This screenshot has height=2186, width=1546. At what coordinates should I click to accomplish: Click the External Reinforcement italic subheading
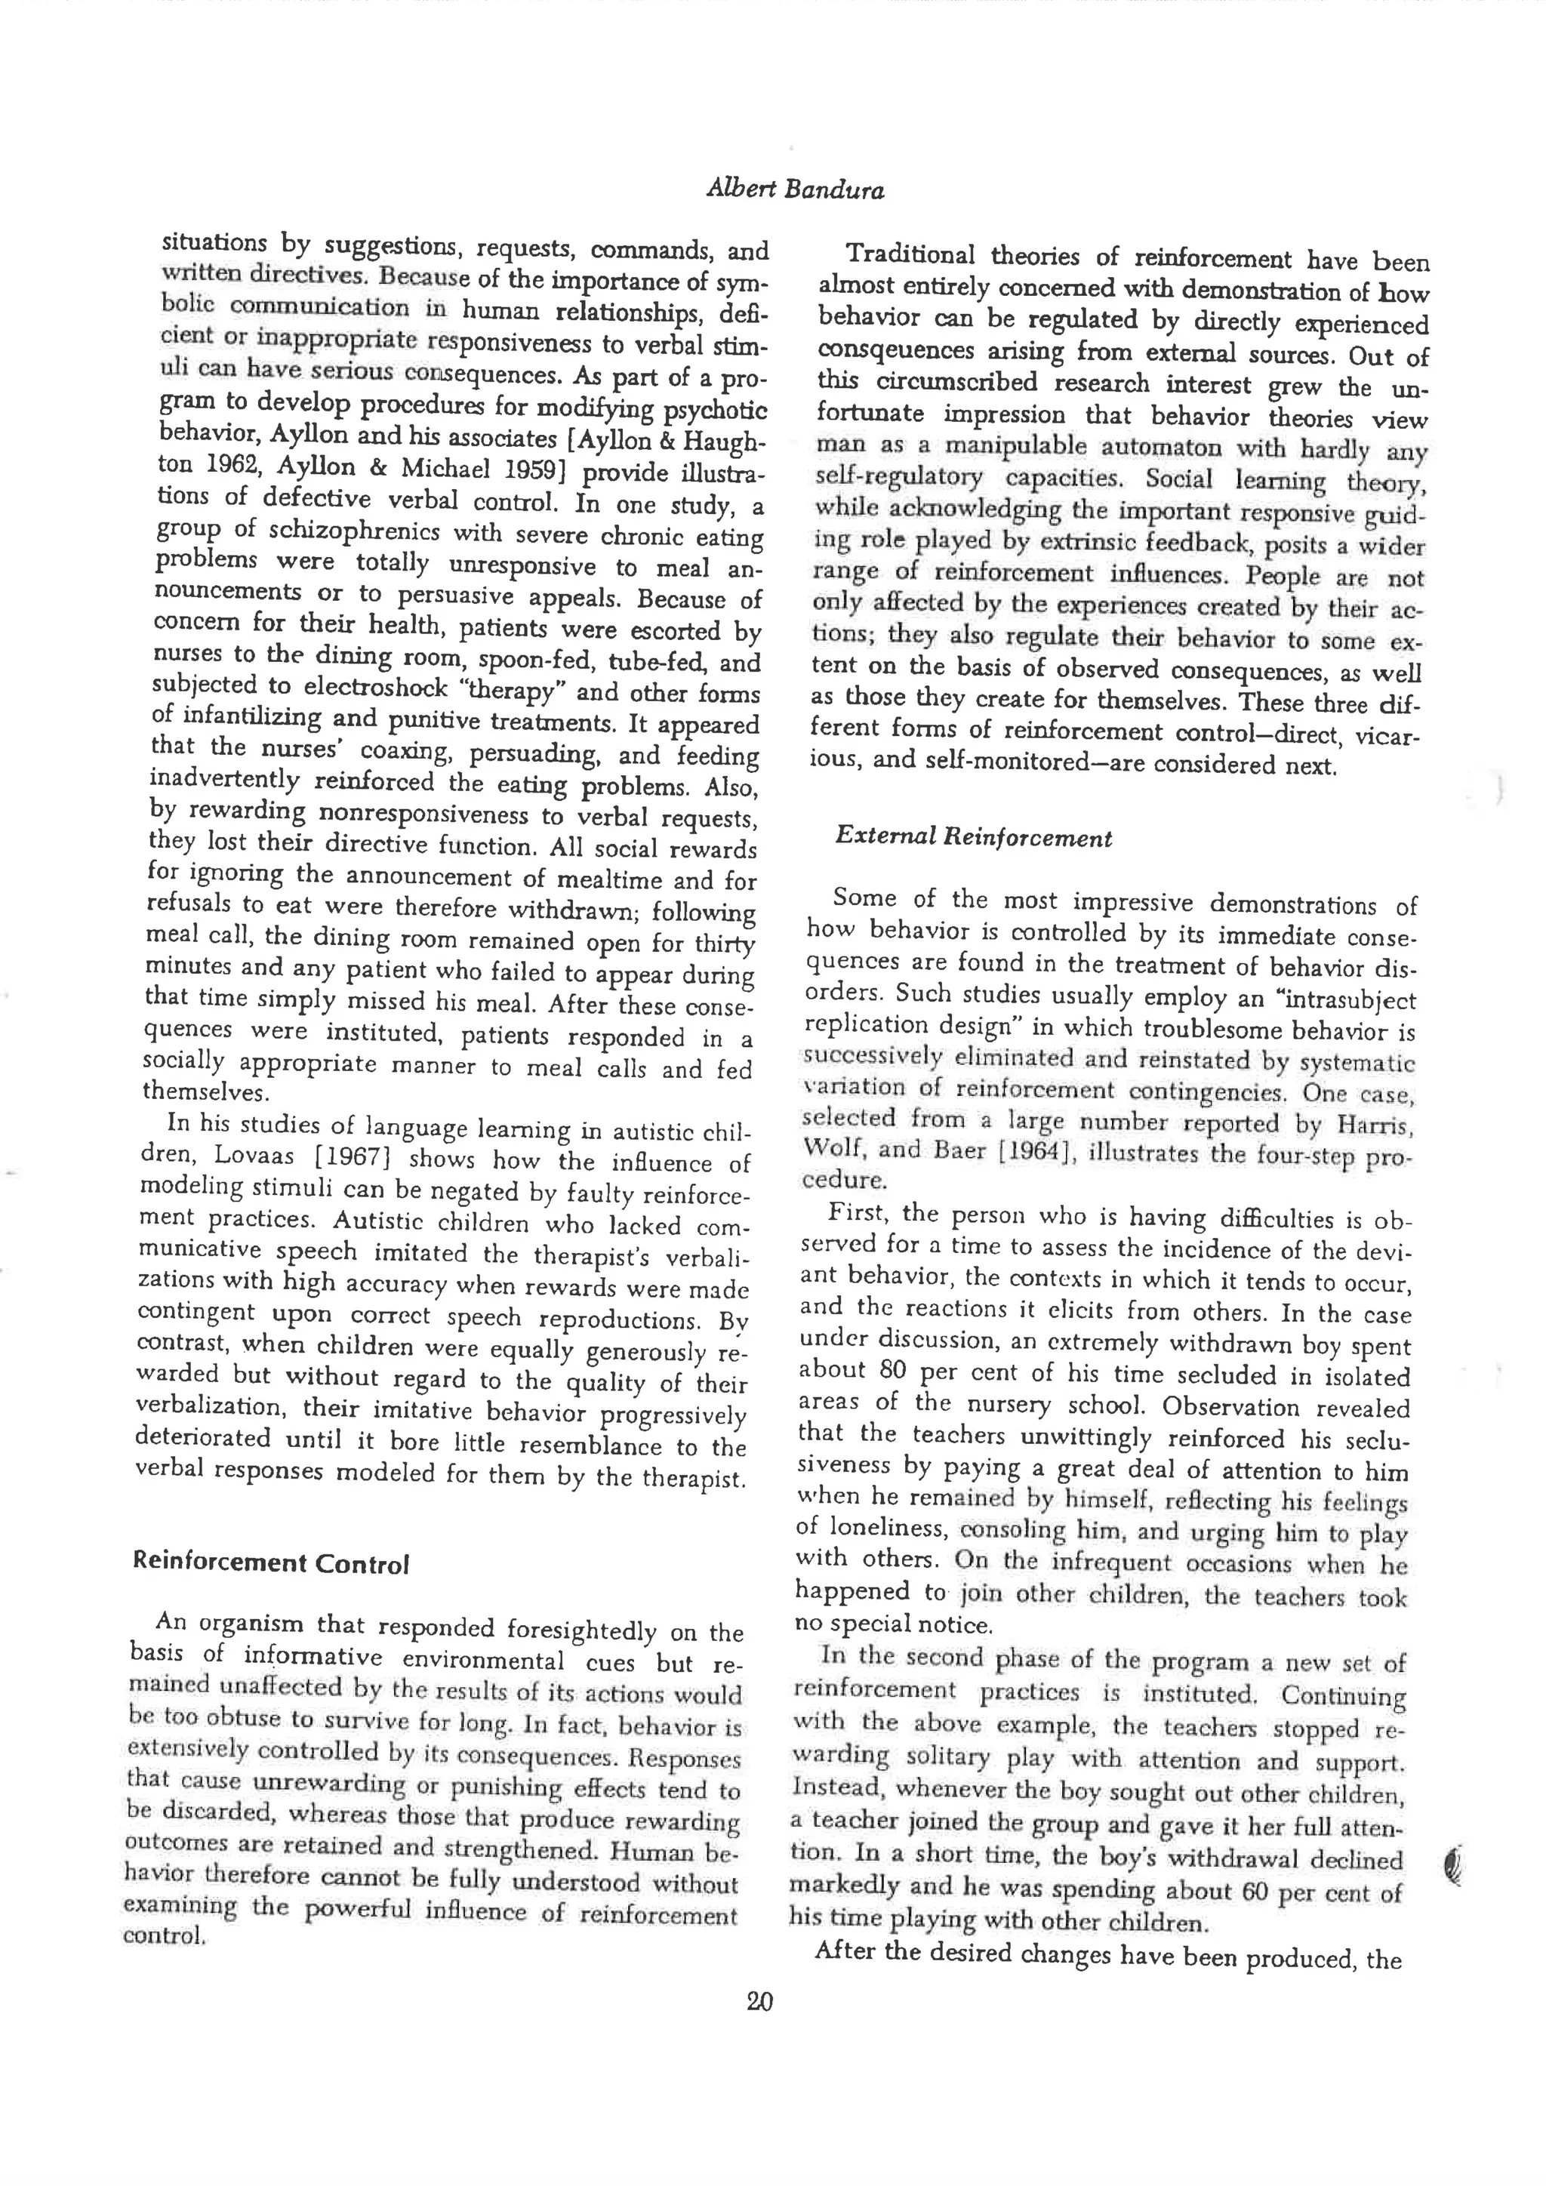pos(973,838)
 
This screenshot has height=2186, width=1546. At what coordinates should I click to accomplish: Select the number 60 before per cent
pos(1254,1891)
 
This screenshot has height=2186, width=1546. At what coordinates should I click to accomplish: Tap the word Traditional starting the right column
pos(910,255)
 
